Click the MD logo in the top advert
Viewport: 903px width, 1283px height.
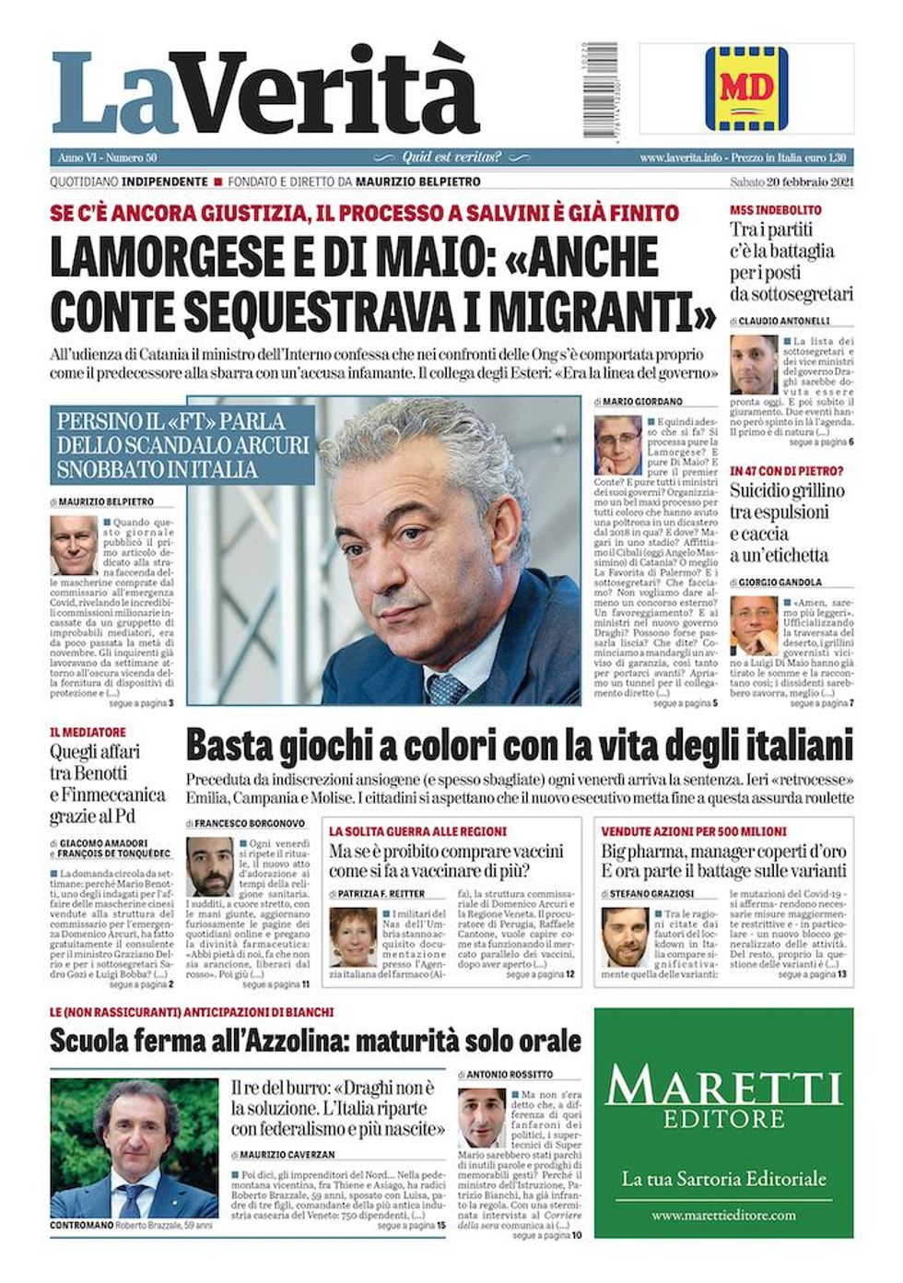(x=745, y=88)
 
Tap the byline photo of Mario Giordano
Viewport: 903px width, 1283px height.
(x=617, y=445)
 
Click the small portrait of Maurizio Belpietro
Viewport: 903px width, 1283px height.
(x=74, y=545)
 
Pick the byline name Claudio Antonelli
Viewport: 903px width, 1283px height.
(x=783, y=321)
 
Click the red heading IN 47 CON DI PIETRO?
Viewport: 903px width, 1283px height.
(x=786, y=471)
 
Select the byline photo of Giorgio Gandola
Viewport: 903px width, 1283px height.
(x=754, y=626)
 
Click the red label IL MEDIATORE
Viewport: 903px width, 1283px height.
(x=88, y=733)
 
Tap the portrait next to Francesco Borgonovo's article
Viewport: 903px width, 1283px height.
(x=209, y=867)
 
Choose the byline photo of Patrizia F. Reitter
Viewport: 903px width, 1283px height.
(x=353, y=938)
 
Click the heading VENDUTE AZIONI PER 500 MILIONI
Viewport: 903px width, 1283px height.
(x=694, y=830)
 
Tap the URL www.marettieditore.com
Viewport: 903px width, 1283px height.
(x=723, y=1216)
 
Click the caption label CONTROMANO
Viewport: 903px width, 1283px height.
(x=82, y=1226)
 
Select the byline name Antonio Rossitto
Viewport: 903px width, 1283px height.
(x=509, y=1075)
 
